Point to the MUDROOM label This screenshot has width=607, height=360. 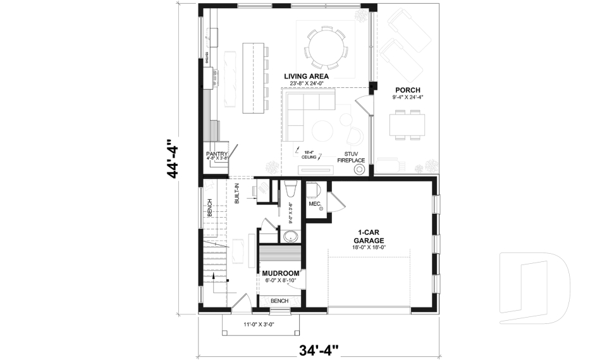click(281, 273)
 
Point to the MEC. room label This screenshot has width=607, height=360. click(315, 204)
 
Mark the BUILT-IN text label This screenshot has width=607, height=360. click(237, 193)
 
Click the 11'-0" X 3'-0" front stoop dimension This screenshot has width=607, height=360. click(261, 325)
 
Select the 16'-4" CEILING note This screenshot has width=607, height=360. click(309, 154)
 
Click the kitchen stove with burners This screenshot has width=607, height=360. click(214, 77)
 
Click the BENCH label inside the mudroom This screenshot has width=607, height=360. click(279, 301)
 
